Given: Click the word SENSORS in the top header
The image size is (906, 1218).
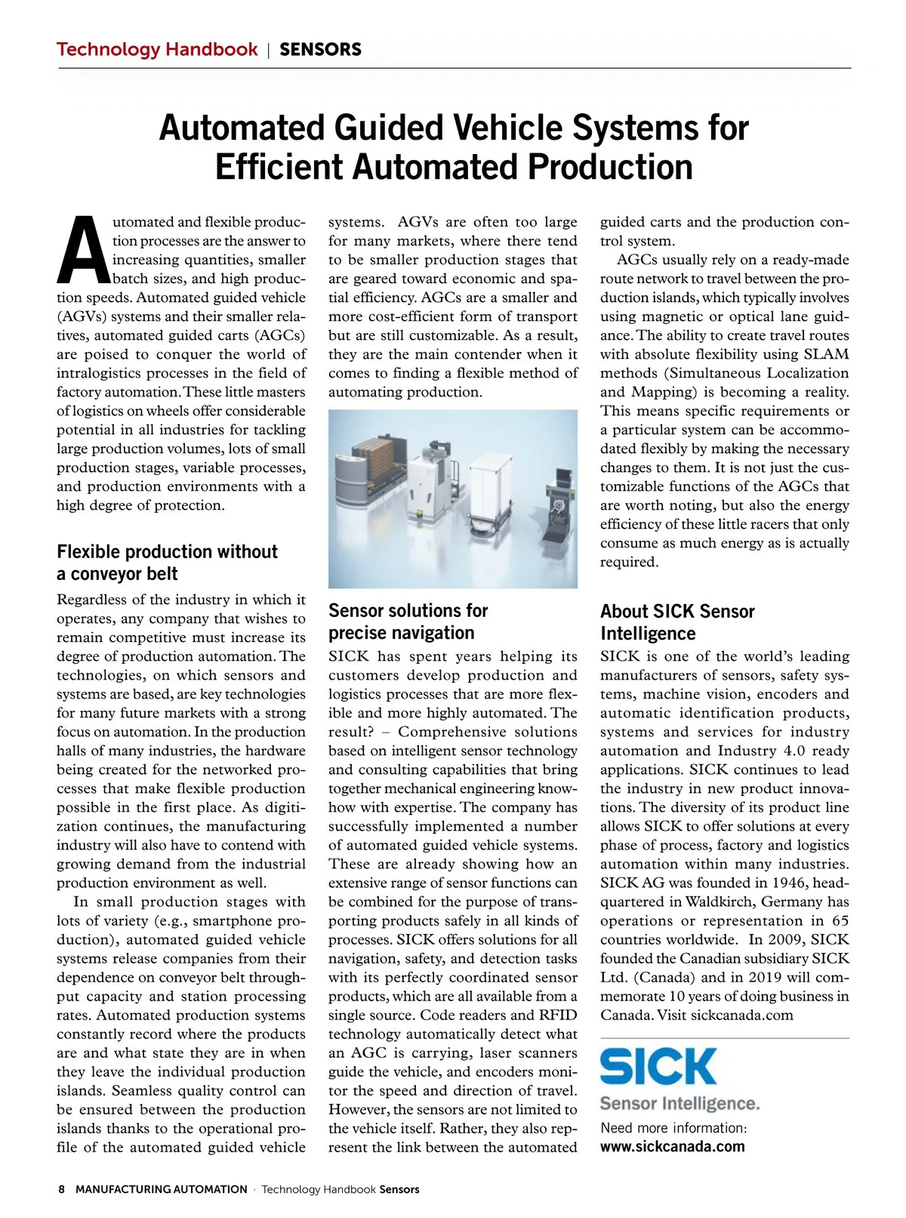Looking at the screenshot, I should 320,50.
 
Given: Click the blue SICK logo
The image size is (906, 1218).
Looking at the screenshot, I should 658,1066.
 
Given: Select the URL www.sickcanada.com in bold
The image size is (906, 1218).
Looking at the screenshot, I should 672,1146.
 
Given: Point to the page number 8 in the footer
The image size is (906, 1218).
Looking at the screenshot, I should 61,1189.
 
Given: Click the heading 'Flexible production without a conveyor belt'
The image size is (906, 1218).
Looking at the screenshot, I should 167,563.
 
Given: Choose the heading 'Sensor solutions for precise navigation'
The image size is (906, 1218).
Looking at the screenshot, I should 408,621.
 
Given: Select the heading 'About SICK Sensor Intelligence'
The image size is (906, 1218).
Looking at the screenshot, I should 677,622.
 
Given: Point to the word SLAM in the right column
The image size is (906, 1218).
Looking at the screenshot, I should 826,354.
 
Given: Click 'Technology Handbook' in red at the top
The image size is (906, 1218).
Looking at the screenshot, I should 157,50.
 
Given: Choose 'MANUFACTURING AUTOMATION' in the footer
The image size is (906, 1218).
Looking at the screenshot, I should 162,1189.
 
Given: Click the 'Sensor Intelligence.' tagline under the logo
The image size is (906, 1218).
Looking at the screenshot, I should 679,1103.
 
